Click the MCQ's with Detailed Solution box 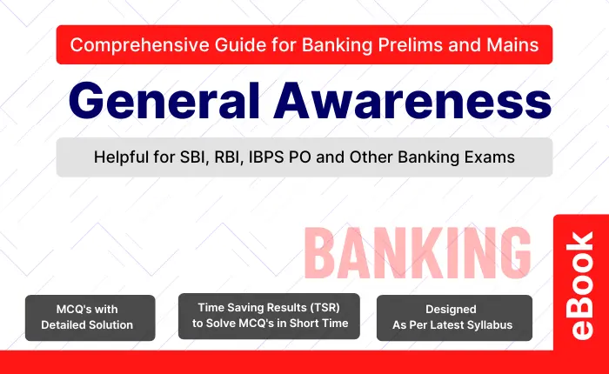pos(90,317)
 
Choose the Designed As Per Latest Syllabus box pos(454,317)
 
